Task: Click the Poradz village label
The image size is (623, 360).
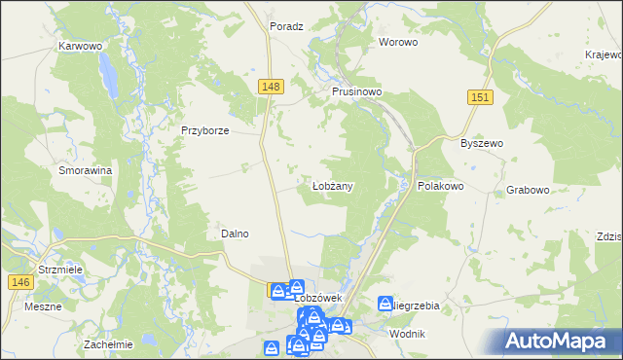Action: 287,27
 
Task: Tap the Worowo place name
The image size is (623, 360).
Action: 398,43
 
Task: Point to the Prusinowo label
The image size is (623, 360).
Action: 355,91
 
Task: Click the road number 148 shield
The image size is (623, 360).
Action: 272,88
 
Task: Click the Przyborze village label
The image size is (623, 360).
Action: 204,130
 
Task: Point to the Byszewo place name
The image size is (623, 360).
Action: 481,143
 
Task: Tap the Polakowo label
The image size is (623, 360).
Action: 440,185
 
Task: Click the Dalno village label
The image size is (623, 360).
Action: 235,234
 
